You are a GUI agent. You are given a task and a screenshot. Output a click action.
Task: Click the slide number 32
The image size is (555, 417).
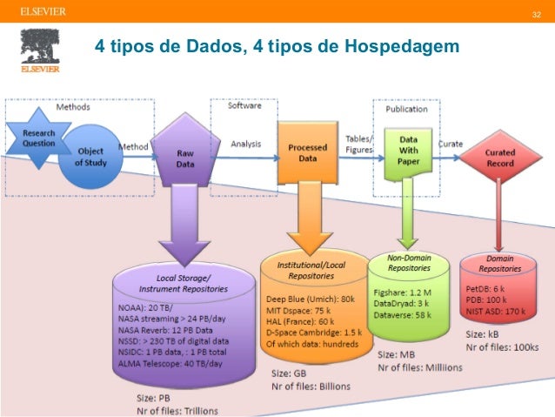click(x=536, y=16)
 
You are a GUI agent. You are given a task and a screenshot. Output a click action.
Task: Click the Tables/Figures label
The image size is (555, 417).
click(x=359, y=145)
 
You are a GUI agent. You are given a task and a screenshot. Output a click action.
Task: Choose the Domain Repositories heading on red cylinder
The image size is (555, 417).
click(x=500, y=264)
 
